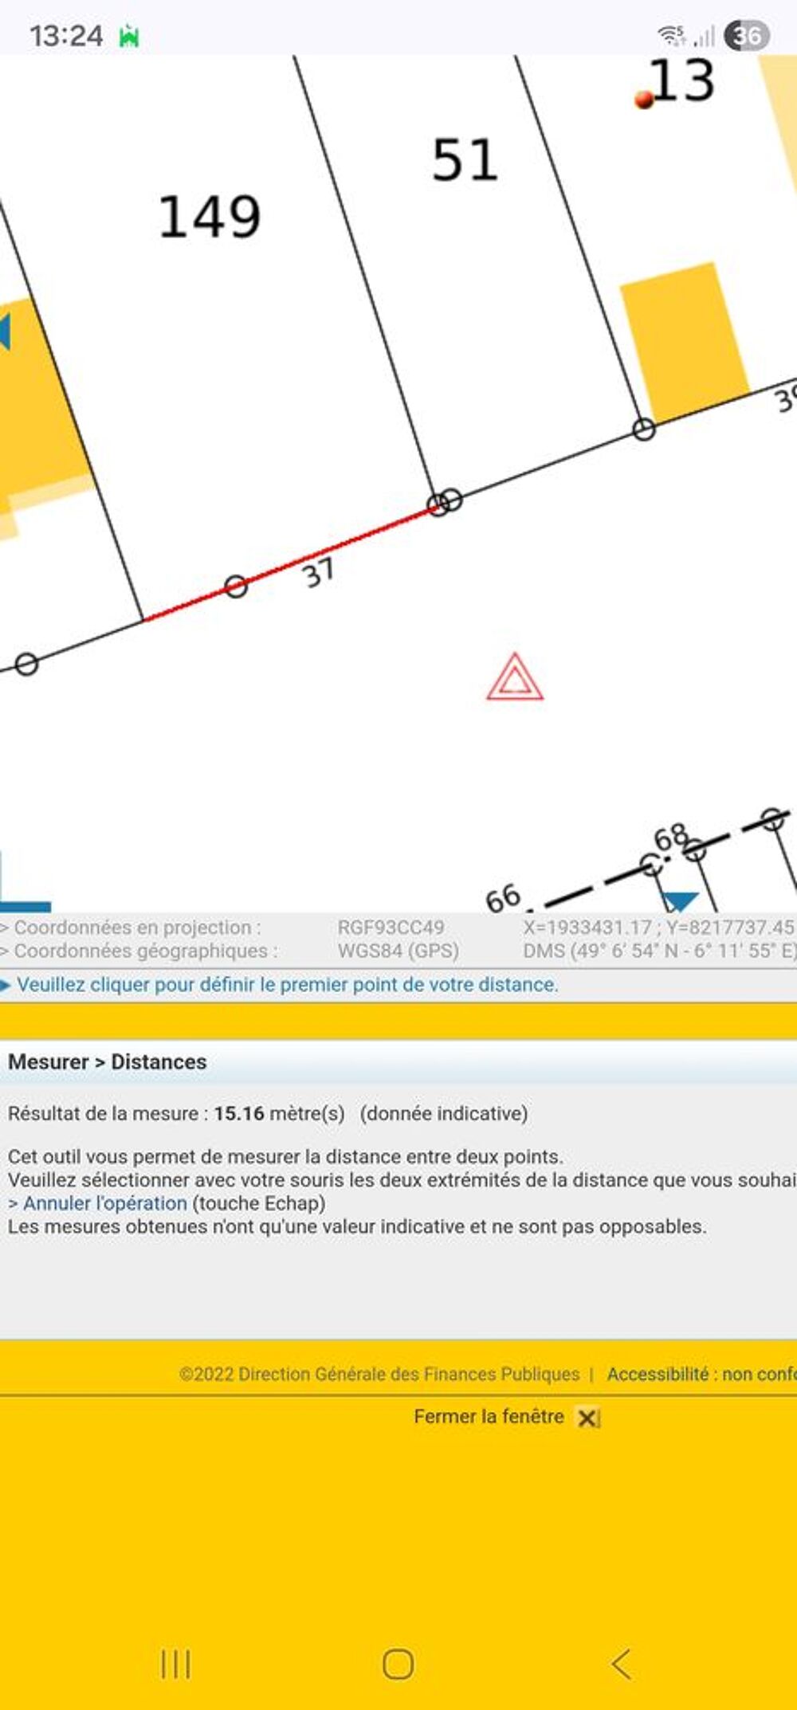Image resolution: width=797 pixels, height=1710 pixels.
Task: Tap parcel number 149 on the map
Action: tap(210, 217)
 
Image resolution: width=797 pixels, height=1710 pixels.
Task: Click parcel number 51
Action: tap(465, 159)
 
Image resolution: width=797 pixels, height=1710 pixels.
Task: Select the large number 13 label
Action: tap(682, 80)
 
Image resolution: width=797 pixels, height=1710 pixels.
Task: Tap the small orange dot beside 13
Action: tap(644, 99)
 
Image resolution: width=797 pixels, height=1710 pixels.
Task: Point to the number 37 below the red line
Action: tap(318, 571)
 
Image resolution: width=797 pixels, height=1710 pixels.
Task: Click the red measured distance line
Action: tap(291, 562)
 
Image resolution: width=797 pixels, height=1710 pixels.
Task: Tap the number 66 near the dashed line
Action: tap(503, 898)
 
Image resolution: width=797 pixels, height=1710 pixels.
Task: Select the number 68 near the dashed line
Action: tap(671, 837)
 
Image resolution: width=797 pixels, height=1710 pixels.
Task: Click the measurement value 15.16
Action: tap(239, 1113)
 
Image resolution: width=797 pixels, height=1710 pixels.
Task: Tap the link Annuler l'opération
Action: tap(104, 1203)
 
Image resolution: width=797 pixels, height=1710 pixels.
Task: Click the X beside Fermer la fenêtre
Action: tap(587, 1418)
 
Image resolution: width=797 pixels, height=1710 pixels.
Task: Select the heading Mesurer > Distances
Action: tap(108, 1062)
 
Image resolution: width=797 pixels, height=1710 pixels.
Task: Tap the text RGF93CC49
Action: tap(391, 928)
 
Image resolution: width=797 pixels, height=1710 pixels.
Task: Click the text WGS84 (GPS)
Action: tap(398, 951)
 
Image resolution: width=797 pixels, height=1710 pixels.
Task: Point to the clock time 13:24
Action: tap(66, 36)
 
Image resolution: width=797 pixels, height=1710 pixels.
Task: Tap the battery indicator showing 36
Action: tap(747, 36)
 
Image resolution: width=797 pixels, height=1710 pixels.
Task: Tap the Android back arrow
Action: tap(621, 1664)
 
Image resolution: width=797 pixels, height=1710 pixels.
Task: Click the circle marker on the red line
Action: tap(236, 587)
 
